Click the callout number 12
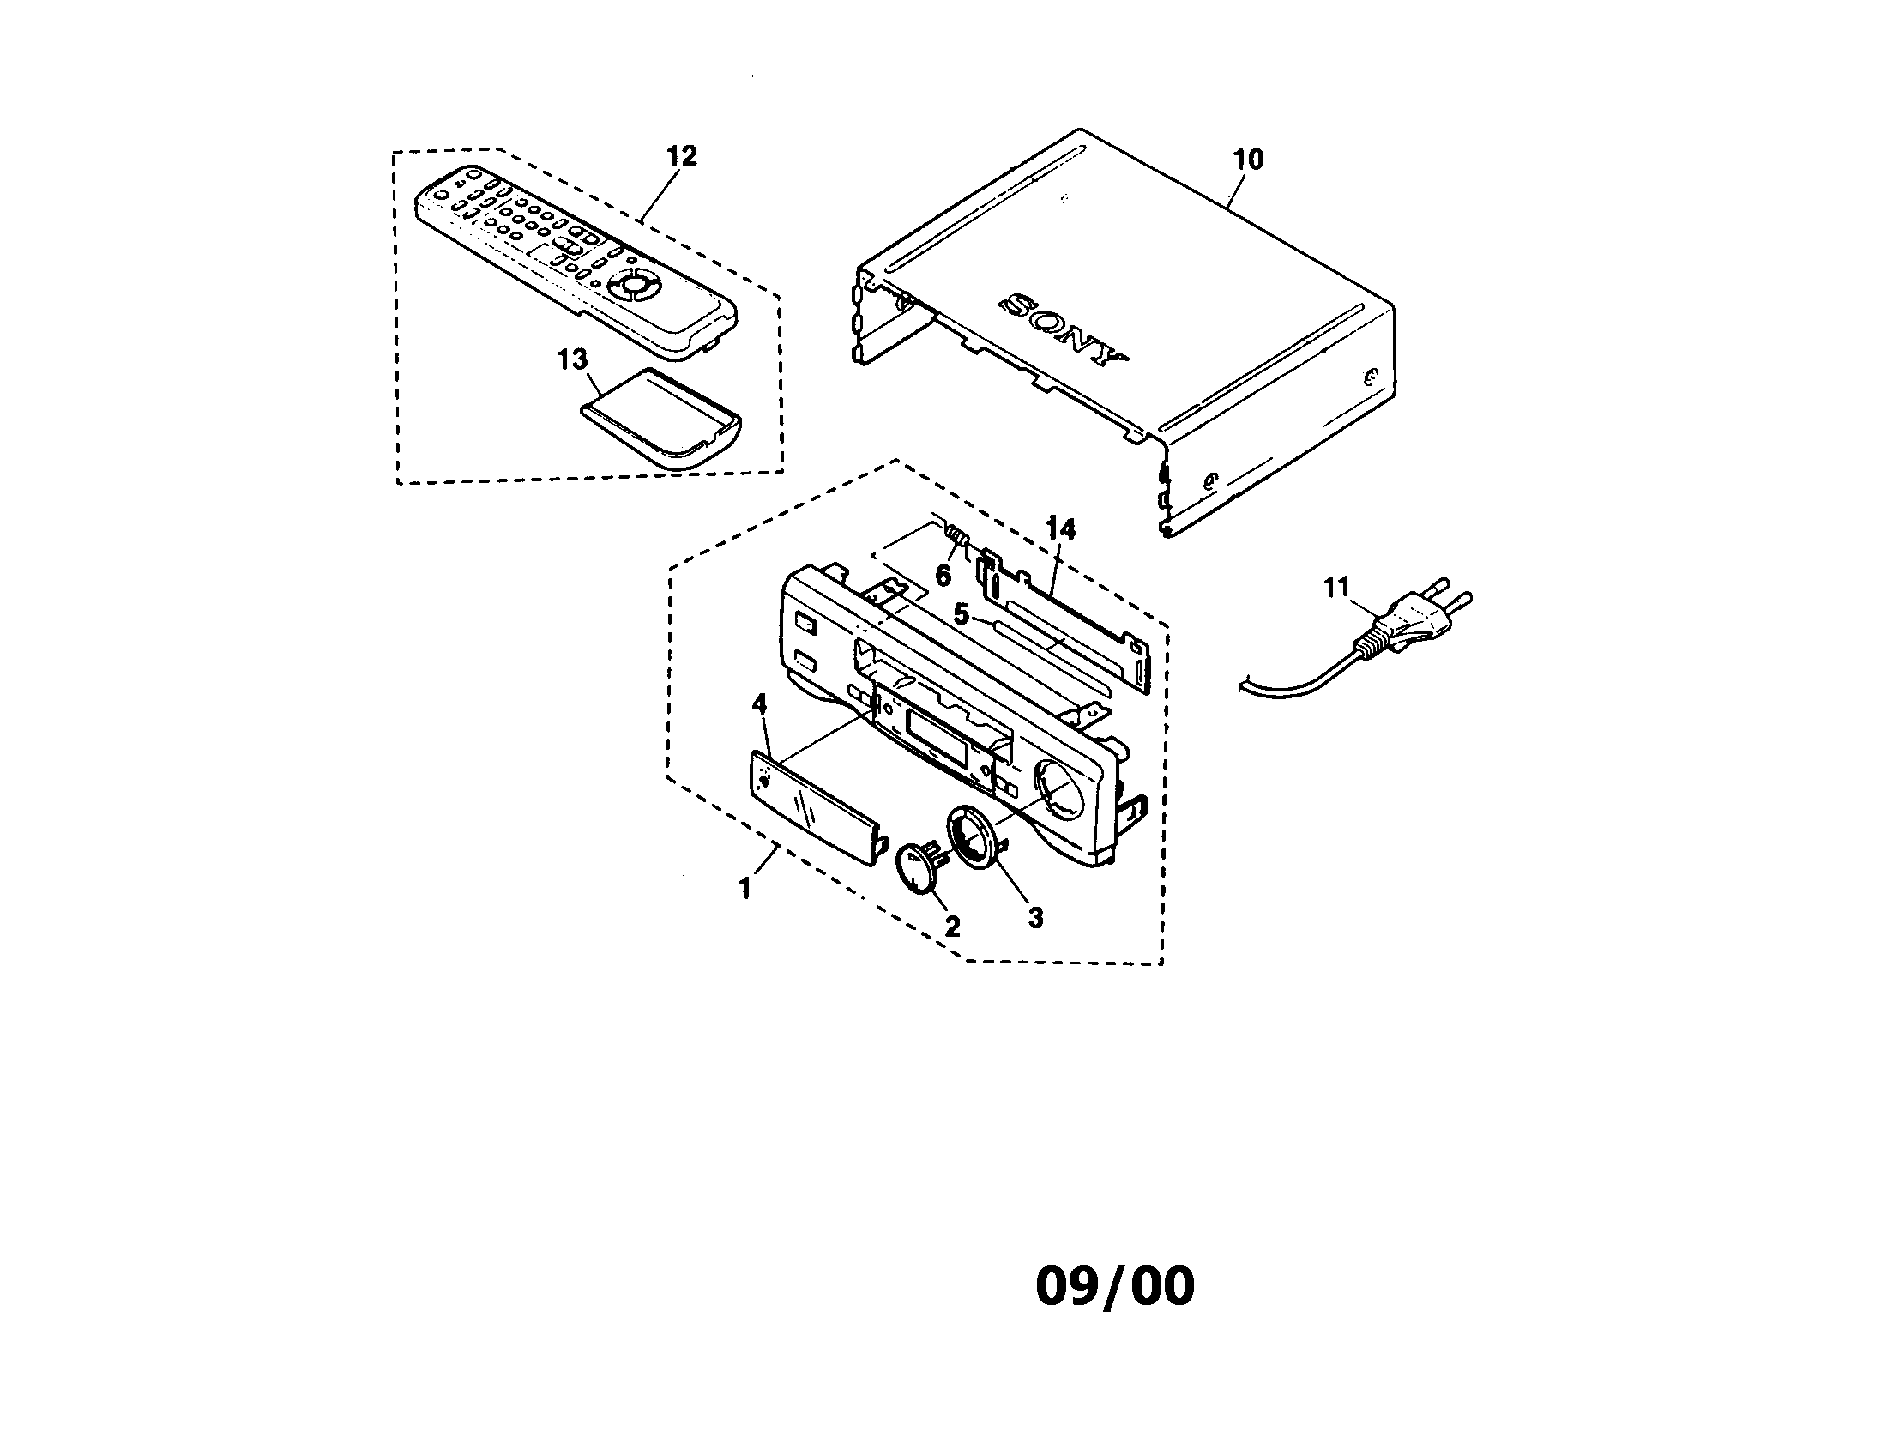[x=681, y=156]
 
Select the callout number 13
[x=572, y=359]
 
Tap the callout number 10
[x=1248, y=159]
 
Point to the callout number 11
[x=1335, y=589]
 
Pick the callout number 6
[x=944, y=575]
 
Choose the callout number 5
[x=961, y=614]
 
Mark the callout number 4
[x=758, y=704]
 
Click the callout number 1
[x=744, y=888]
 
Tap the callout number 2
[x=952, y=927]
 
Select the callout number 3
[x=1035, y=918]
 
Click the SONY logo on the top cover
[x=1063, y=332]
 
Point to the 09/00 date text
[x=1114, y=1285]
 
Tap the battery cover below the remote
[x=660, y=418]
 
